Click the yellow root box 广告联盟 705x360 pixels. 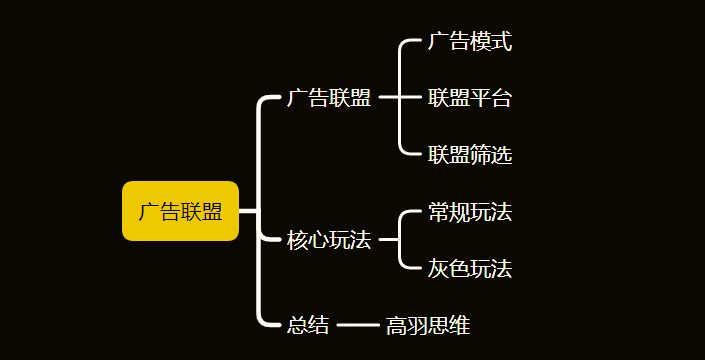coord(180,211)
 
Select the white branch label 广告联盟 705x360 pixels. coord(328,98)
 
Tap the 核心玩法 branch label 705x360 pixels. coord(328,240)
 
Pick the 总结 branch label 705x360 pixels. coord(308,325)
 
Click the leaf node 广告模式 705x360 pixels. coord(470,42)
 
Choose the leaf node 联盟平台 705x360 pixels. coord(470,98)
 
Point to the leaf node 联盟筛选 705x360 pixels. coord(470,155)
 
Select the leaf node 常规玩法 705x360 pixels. coord(470,212)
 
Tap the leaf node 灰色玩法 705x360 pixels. coord(470,269)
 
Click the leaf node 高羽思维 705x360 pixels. coord(428,325)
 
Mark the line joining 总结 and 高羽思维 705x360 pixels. coord(357,325)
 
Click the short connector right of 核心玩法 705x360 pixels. coord(389,240)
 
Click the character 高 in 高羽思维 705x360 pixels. coord(397,325)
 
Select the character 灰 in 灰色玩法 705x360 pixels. coord(439,269)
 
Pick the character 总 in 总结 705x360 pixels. coord(297,325)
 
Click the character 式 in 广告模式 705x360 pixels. coord(502,42)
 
